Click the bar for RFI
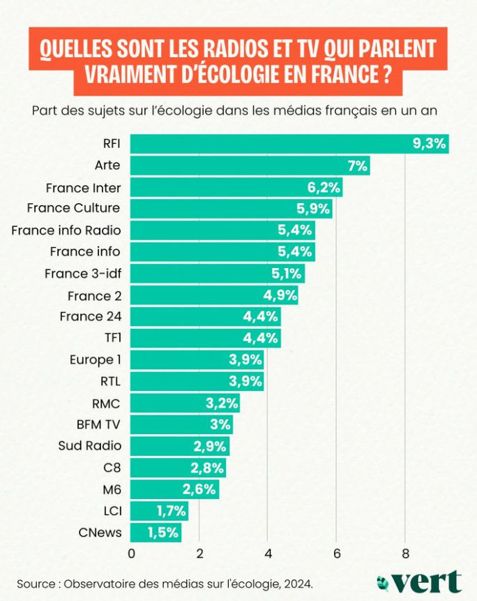point(289,144)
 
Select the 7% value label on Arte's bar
point(358,165)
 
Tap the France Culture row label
point(73,208)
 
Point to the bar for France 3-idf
point(217,273)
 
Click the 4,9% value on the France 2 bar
point(280,295)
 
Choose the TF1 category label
point(112,338)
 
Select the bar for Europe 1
point(197,359)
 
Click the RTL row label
point(110,381)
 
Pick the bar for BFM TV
point(181,424)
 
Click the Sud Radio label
point(90,446)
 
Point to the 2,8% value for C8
point(207,468)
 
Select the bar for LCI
point(159,511)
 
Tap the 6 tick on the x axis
point(336,554)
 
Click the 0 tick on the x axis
point(131,554)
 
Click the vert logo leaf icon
point(382,581)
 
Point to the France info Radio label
point(66,230)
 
